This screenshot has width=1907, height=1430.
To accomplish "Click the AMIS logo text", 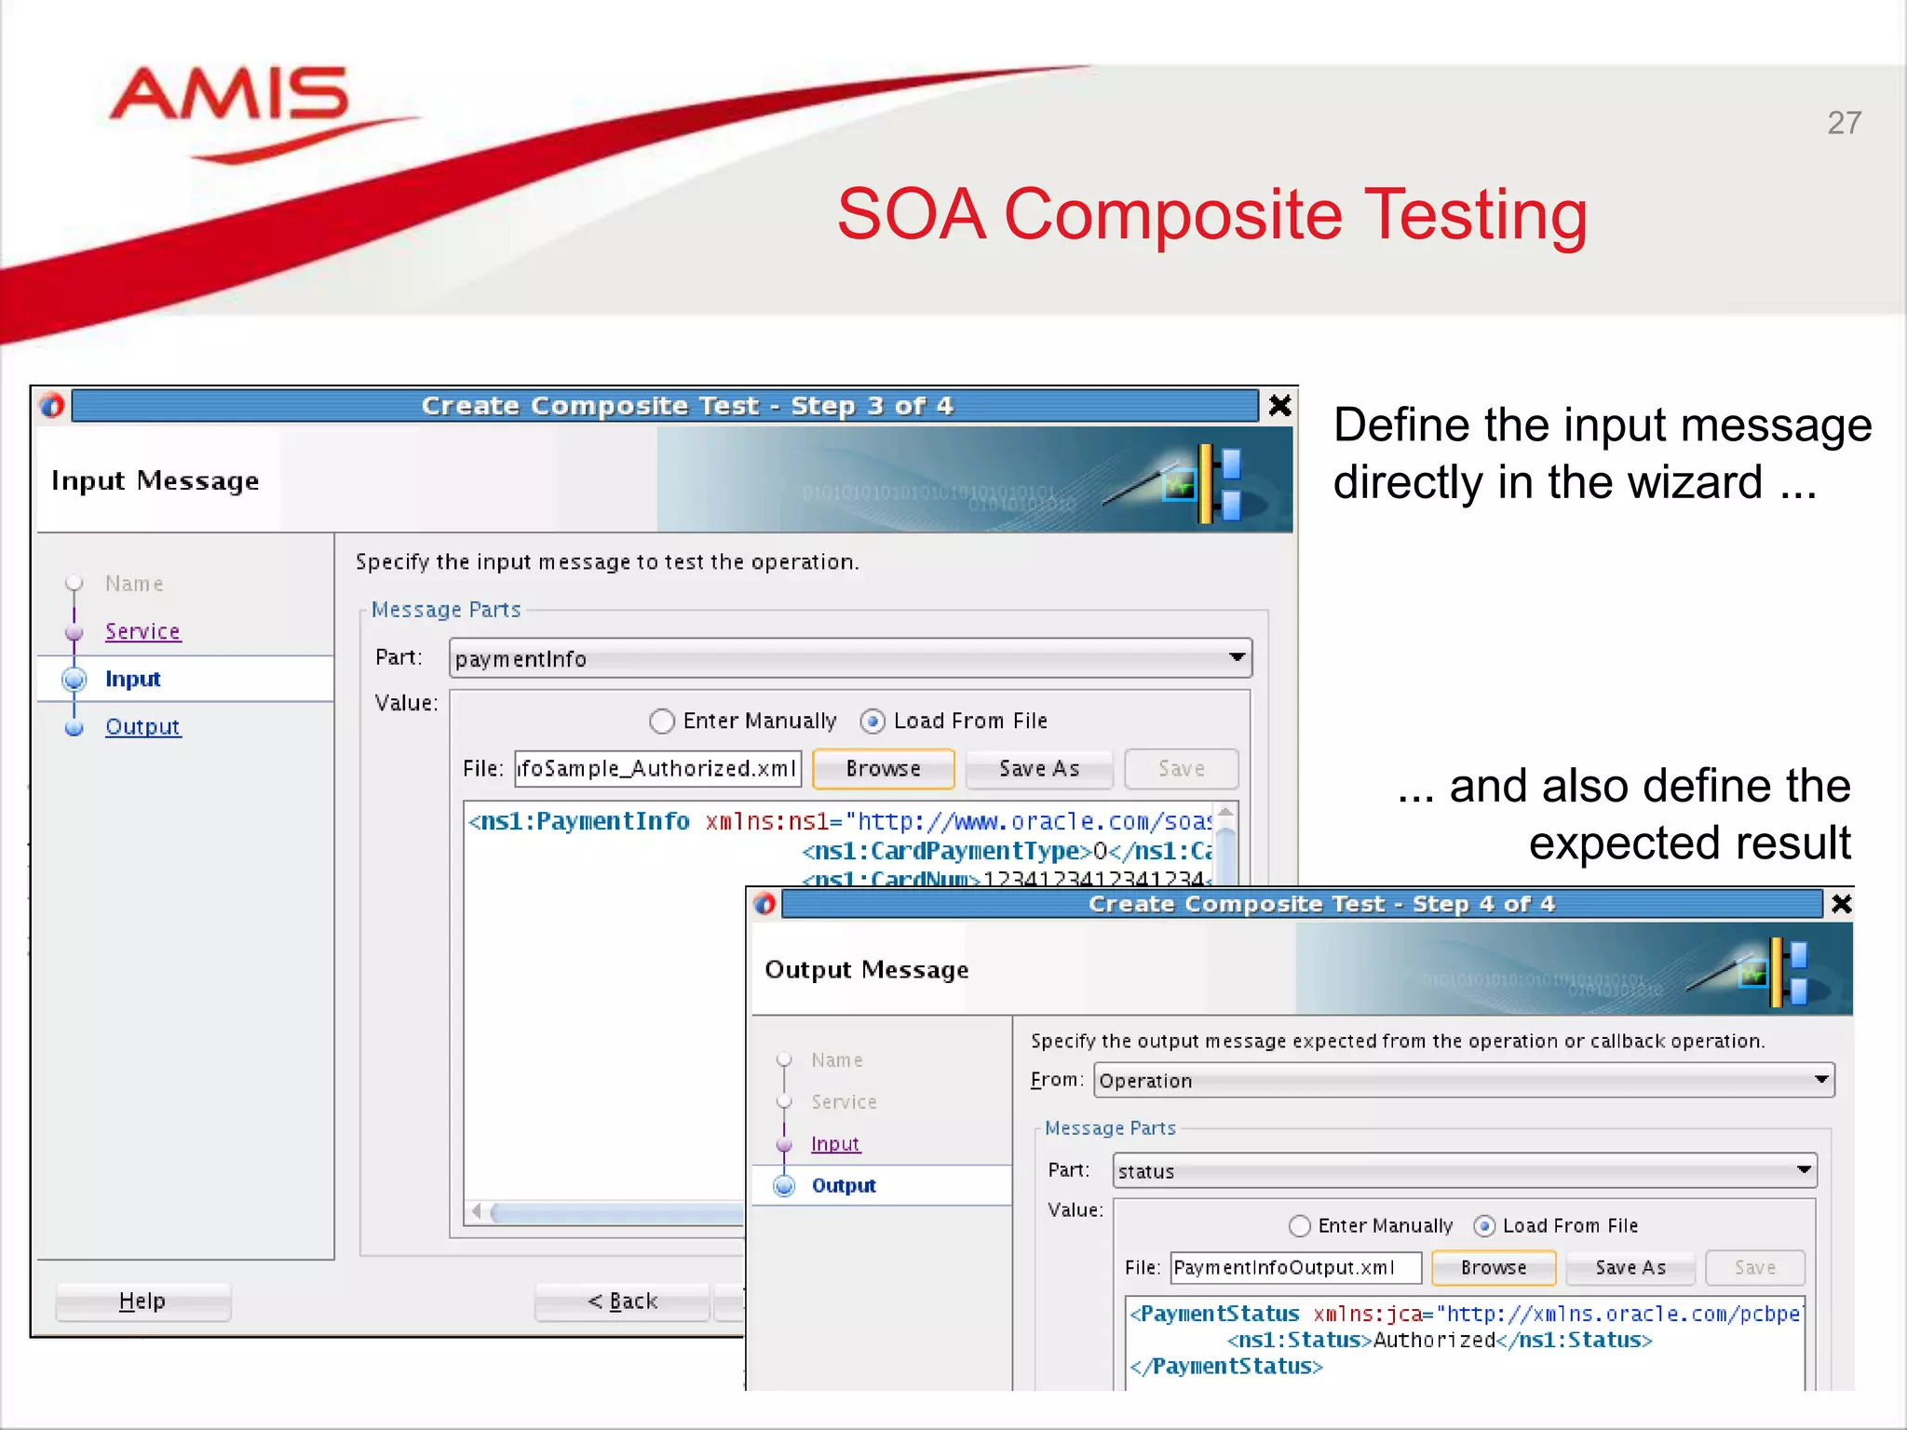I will click(229, 95).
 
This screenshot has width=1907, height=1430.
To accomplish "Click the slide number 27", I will click(1844, 123).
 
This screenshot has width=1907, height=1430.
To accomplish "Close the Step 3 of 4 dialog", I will click(1280, 406).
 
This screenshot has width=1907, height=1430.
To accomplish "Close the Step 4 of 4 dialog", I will click(1841, 904).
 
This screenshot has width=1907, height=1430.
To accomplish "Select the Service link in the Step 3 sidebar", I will click(142, 631).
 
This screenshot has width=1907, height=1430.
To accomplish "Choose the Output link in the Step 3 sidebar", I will click(142, 726).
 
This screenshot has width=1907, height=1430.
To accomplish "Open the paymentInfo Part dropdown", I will click(1237, 658).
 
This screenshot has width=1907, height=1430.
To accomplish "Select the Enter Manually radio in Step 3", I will click(662, 721).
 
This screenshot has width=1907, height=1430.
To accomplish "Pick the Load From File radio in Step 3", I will click(872, 721).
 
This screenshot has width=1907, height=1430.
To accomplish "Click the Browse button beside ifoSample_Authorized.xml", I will click(883, 769).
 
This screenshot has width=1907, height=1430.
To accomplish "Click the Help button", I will click(142, 1301).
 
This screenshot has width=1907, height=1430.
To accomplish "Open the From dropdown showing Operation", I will click(1821, 1080).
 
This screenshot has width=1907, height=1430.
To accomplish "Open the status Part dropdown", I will click(1804, 1170).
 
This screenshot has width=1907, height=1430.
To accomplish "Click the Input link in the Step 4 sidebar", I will click(835, 1143).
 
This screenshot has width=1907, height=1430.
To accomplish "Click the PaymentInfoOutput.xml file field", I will click(1294, 1267).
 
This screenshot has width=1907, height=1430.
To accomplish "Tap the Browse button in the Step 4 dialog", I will click(1493, 1267).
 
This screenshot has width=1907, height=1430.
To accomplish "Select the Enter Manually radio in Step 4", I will click(1300, 1226).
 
